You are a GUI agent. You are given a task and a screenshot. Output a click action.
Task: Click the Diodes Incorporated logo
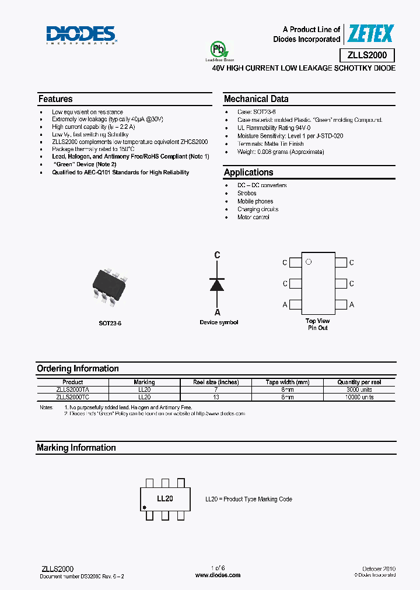pos(81,35)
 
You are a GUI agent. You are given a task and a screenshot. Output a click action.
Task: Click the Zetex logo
pos(370,34)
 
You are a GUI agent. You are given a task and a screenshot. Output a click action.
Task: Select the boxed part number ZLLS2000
pos(367,55)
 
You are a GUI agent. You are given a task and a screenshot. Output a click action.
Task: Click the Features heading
pos(55,99)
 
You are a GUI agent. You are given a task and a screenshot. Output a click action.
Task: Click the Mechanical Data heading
pos(256,99)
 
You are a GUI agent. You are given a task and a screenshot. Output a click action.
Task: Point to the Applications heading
pos(249,173)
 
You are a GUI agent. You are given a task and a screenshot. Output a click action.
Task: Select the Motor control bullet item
pos(253,217)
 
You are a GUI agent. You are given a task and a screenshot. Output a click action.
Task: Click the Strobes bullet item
pos(247,194)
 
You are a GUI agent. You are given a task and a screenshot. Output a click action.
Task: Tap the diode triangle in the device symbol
pos(217,284)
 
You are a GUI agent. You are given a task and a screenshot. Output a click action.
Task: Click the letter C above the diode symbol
pos(217,255)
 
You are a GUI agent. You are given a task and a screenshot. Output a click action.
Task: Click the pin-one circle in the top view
pos(309,262)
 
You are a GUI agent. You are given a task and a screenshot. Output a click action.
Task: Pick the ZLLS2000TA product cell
pos(73,390)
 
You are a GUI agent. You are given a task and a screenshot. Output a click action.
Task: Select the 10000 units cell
pos(359,397)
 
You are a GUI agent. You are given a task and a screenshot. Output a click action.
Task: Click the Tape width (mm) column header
pos(288,382)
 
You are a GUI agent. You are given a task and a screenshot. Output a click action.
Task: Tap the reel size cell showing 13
pos(216,397)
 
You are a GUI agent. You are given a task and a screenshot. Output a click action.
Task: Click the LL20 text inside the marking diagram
pos(165,499)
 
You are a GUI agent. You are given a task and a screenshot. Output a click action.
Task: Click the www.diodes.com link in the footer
pos(218,575)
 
